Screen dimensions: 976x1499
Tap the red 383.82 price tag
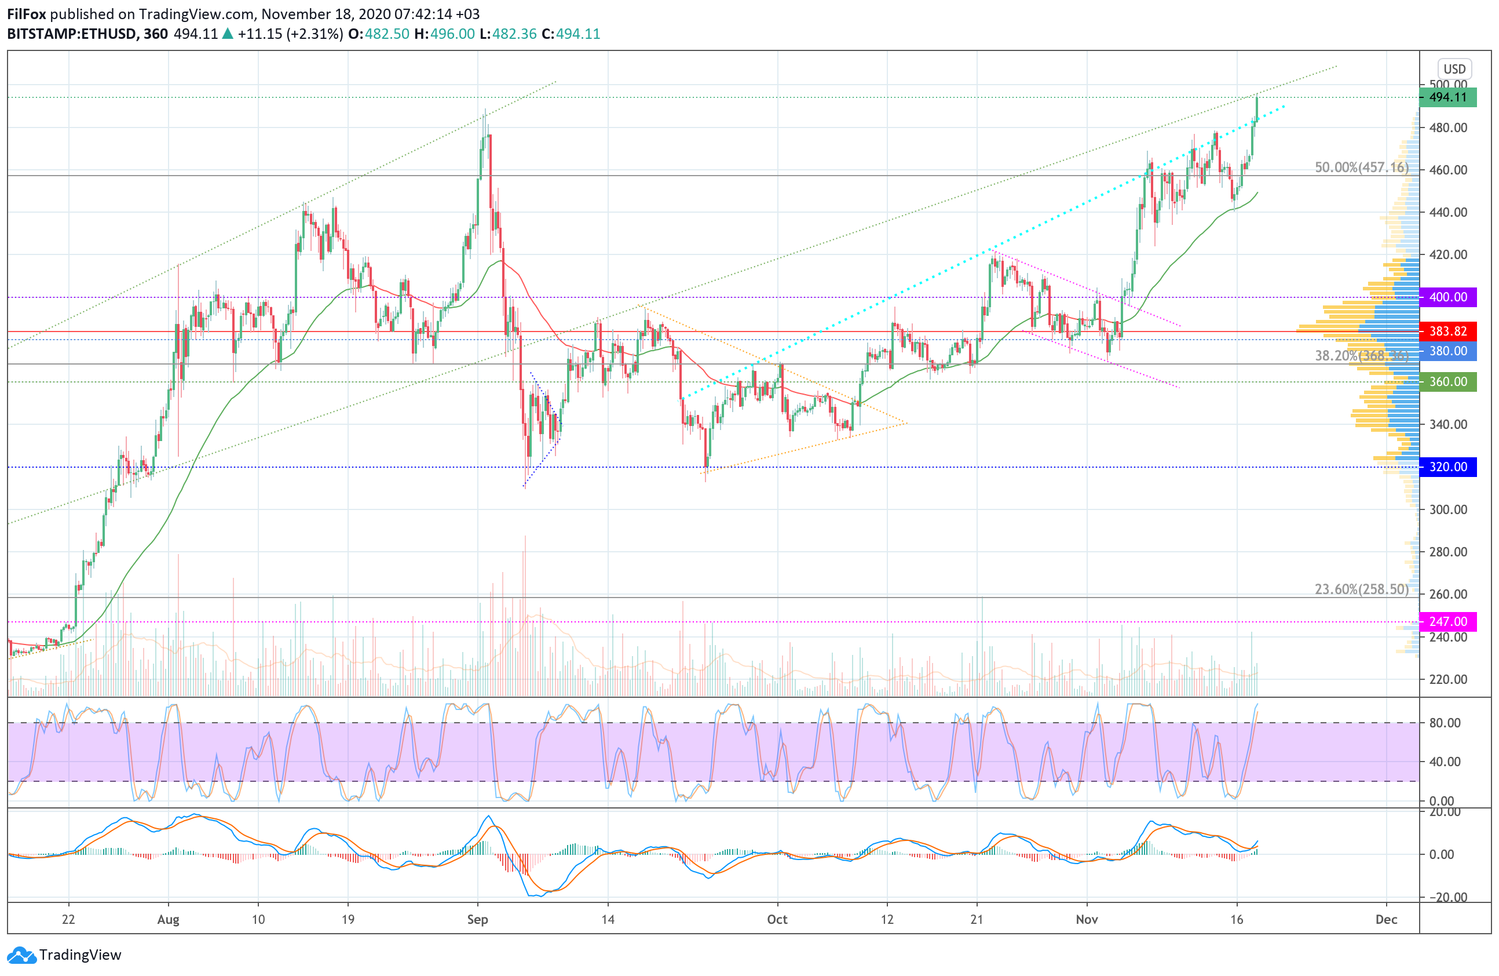point(1447,331)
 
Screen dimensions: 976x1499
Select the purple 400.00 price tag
point(1447,297)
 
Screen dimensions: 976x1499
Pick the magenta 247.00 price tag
point(1447,621)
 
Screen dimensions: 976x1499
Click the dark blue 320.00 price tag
point(1447,467)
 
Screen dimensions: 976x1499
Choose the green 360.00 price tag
point(1447,382)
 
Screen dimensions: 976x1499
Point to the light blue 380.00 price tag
point(1447,351)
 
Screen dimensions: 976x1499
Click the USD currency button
point(1454,68)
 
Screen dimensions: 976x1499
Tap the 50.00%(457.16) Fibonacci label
point(1361,167)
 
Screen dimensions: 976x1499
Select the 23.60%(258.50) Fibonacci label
point(1361,589)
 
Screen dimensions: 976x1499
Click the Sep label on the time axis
point(477,919)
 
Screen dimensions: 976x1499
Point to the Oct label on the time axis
point(777,919)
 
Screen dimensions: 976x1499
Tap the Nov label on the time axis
point(1087,919)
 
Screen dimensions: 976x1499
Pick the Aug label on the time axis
point(168,919)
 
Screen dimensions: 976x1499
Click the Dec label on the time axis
point(1386,919)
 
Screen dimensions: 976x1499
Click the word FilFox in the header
point(27,14)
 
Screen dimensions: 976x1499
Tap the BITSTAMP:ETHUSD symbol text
point(72,34)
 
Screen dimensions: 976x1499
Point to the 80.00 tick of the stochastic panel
point(1445,723)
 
